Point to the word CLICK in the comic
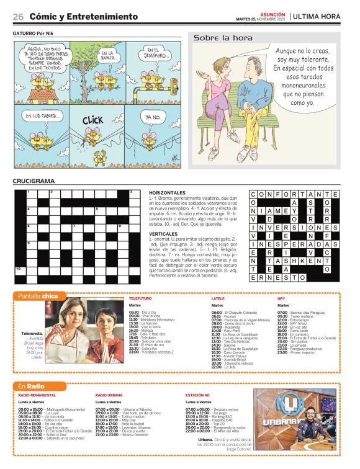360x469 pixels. [x=92, y=119]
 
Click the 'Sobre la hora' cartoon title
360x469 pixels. [x=218, y=38]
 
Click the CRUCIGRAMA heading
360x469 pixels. [x=34, y=181]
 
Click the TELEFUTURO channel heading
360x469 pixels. [x=140, y=298]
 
